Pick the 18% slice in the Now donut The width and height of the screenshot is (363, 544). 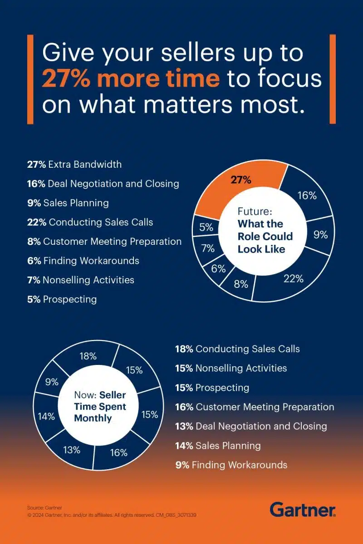coord(88,356)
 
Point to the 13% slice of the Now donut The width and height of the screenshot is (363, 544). coord(72,450)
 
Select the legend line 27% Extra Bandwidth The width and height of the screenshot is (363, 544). coord(74,164)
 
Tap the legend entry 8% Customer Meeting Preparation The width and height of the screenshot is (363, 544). coord(104,242)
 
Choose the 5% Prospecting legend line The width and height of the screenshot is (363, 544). coord(62,299)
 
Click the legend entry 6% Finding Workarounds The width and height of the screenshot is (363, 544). coord(83,261)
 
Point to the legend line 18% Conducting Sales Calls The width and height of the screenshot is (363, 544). coord(237,349)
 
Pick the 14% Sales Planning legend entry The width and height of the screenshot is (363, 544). coord(218,446)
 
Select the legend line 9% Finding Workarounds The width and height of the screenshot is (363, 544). coord(231,465)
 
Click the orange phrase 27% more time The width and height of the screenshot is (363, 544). coord(131,78)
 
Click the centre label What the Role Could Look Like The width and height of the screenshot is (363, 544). coord(265,236)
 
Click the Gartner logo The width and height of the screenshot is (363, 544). coord(303,509)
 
